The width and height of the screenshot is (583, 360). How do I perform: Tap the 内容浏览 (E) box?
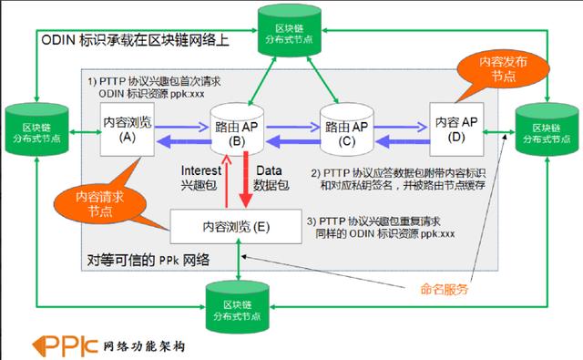pyautogui.click(x=237, y=224)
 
